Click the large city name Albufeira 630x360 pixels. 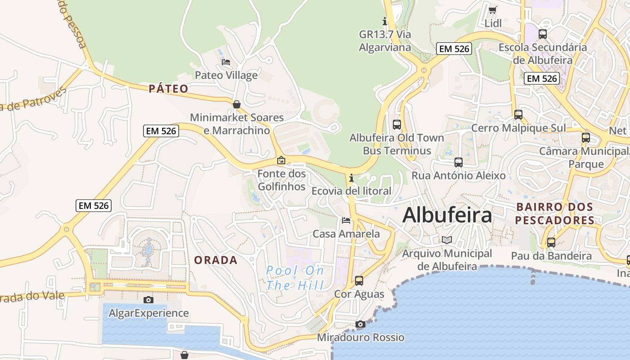pyautogui.click(x=447, y=215)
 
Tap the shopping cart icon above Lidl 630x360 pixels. pyautogui.click(x=493, y=10)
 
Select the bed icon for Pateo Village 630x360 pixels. pyautogui.click(x=226, y=62)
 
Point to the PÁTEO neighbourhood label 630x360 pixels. pyautogui.click(x=168, y=89)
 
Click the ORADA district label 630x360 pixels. pyautogui.click(x=216, y=260)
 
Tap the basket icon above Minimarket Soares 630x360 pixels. pyautogui.click(x=237, y=104)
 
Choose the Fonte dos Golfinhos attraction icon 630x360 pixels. pyautogui.click(x=281, y=160)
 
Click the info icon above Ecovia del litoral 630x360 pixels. pyautogui.click(x=351, y=178)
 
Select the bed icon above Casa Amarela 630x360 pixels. pyautogui.click(x=346, y=220)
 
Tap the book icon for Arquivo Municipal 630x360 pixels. pyautogui.click(x=446, y=240)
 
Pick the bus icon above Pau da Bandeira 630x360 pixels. pyautogui.click(x=551, y=243)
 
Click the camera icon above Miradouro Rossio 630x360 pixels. pyautogui.click(x=360, y=324)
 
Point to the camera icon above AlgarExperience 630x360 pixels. pyautogui.click(x=148, y=300)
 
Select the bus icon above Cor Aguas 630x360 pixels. pyautogui.click(x=359, y=280)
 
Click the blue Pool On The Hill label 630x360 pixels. pyautogui.click(x=295, y=278)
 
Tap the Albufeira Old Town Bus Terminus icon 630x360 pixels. pyautogui.click(x=396, y=124)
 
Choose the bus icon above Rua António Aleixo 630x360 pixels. pyautogui.click(x=459, y=162)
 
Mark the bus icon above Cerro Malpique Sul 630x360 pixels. pyautogui.click(x=518, y=114)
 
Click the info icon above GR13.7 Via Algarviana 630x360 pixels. pyautogui.click(x=384, y=21)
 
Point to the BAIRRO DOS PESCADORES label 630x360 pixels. pyautogui.click(x=555, y=213)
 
